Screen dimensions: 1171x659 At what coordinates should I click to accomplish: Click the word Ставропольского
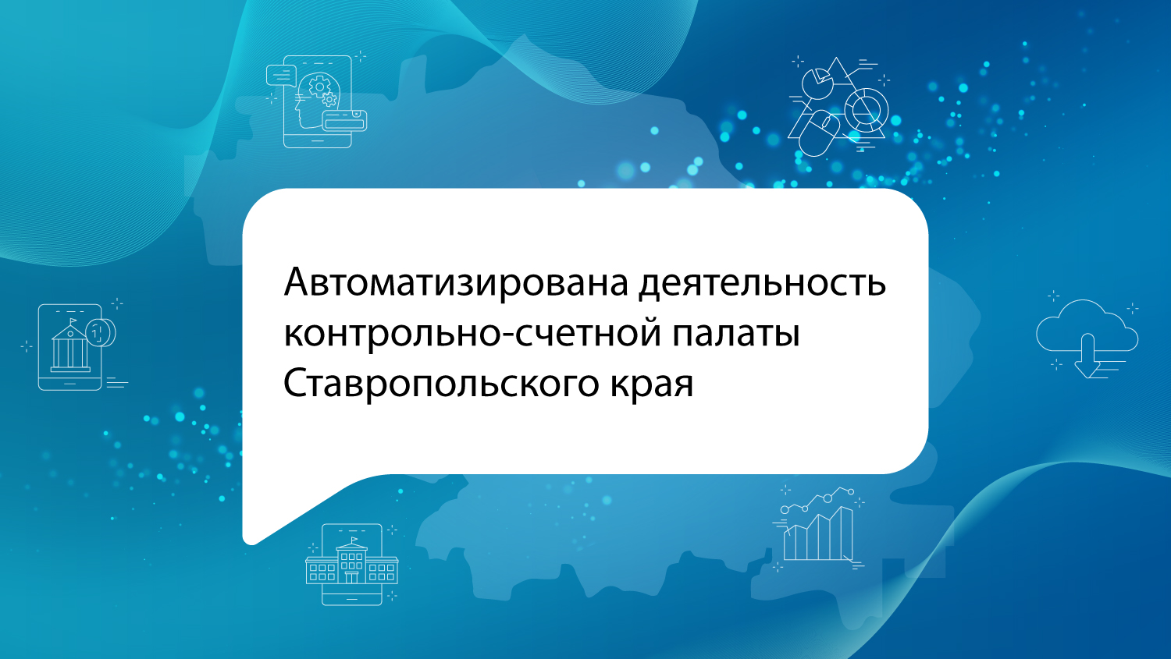(440, 384)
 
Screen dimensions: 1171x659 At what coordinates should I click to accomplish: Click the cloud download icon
(1087, 338)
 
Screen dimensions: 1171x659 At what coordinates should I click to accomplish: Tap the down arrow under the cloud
(1087, 356)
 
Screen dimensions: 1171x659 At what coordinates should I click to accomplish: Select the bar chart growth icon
(818, 527)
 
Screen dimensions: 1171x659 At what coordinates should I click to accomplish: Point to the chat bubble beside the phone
(281, 75)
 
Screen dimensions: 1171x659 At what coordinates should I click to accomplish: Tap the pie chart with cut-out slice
(817, 83)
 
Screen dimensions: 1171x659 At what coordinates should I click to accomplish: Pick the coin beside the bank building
(101, 331)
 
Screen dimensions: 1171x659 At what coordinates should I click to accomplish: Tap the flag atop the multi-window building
(354, 540)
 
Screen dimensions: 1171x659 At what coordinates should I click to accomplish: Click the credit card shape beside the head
(344, 121)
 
